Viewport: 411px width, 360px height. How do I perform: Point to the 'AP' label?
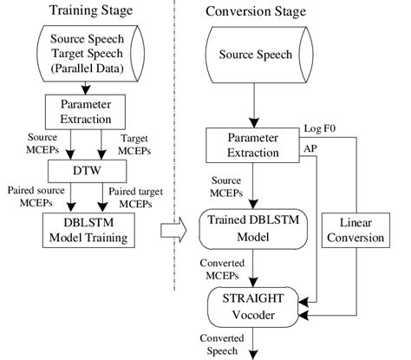pos(309,148)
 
